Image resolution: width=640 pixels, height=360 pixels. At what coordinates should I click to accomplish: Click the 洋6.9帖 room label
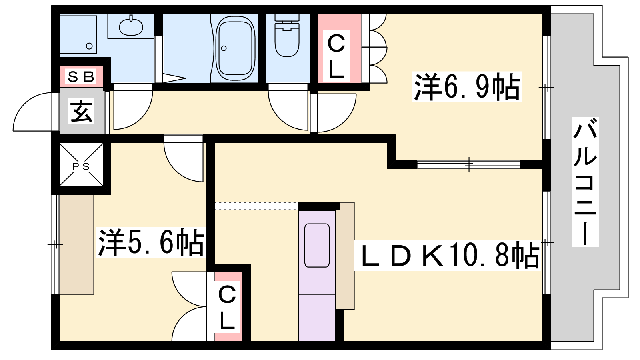point(466,87)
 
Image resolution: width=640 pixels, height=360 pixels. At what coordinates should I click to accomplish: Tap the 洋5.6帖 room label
point(151,242)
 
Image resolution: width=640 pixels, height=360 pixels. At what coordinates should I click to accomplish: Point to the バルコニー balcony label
point(585,182)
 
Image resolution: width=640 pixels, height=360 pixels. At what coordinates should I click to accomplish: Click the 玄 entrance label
point(82,111)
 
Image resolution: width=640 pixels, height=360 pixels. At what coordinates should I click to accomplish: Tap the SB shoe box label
point(81,76)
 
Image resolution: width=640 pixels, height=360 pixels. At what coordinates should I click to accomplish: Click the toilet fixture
point(287,36)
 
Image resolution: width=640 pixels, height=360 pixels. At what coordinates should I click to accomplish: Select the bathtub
point(236,48)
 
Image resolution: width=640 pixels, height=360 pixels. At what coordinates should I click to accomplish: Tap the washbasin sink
point(131,26)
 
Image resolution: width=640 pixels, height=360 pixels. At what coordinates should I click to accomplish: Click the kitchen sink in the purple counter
point(317,246)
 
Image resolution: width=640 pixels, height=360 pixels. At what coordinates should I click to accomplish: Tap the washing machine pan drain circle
point(89,46)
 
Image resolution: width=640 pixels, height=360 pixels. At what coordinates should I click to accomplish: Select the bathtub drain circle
point(224,48)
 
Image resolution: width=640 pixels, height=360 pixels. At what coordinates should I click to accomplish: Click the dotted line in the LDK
point(256,206)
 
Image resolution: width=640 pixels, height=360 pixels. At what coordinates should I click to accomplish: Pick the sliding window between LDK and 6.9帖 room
point(468,164)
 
